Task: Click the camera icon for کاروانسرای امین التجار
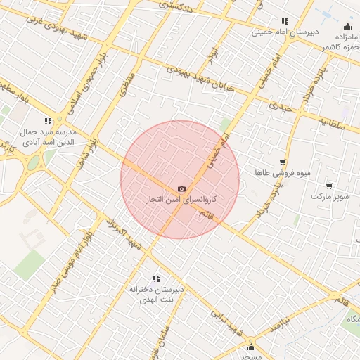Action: (182, 188)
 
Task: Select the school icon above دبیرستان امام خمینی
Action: (284, 22)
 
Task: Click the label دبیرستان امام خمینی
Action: (285, 32)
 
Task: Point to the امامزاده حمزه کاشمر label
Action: (337, 41)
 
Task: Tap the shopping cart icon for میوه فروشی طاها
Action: (283, 162)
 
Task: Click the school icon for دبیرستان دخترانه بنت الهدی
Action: (155, 278)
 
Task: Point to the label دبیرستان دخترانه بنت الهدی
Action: (157, 295)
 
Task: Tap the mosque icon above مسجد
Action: (251, 347)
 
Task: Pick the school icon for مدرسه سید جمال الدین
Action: (48, 121)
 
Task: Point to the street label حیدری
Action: (279, 106)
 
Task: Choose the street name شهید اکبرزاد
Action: (124, 233)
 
